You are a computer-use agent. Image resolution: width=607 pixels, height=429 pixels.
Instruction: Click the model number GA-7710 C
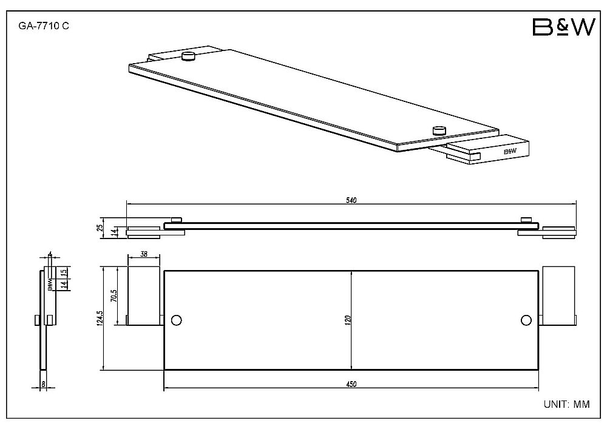coord(44,26)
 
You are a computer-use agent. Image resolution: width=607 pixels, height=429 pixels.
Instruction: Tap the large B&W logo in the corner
coord(564,27)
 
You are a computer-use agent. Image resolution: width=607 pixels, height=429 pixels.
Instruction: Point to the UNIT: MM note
coord(567,404)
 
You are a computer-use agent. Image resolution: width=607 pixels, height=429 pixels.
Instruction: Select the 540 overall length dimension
coord(351,200)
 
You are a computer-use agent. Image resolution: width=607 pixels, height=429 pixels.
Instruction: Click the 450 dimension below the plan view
coord(351,384)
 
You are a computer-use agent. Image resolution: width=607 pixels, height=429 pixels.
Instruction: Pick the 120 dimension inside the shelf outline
coord(348,320)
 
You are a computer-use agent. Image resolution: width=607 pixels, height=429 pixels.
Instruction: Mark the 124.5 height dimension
coord(100,319)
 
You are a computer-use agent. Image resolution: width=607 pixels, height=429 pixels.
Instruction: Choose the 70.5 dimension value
coord(114,296)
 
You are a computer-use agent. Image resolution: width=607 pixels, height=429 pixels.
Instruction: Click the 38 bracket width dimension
coord(144,254)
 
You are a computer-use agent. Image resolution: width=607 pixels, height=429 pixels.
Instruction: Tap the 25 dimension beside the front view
coord(100,228)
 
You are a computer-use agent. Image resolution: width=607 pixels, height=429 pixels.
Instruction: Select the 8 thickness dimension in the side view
coord(43,383)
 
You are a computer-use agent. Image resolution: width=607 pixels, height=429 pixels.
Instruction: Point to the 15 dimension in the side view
coord(65,272)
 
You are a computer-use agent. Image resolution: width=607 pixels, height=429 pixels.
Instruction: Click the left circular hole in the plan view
coord(176,320)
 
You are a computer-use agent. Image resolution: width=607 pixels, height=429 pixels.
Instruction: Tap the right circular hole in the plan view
coord(526,320)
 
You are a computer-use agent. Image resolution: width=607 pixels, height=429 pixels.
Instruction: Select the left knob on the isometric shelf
coord(189,56)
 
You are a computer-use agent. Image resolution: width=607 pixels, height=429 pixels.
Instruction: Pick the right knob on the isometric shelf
coord(439,130)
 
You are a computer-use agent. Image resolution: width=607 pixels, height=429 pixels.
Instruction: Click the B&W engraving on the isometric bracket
coord(510,151)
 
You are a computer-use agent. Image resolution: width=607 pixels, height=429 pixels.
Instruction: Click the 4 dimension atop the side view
coord(50,254)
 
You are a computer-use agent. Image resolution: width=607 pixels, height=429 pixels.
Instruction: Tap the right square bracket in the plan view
coord(558,295)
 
